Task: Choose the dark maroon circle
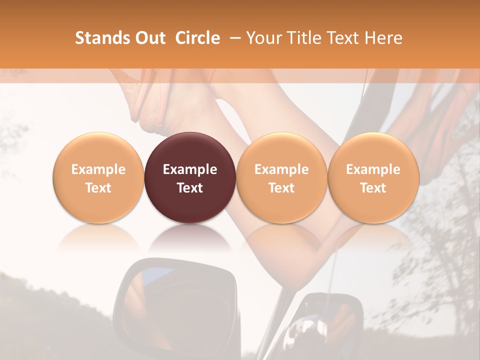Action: pos(190,177)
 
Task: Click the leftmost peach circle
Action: pos(98,177)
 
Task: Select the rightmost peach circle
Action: pos(373,177)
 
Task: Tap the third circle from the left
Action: pos(281,177)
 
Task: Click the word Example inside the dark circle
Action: pos(190,169)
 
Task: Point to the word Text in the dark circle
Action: pos(190,188)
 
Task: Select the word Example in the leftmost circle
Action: pos(98,169)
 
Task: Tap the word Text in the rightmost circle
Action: pos(373,188)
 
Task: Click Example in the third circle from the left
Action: pos(281,169)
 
